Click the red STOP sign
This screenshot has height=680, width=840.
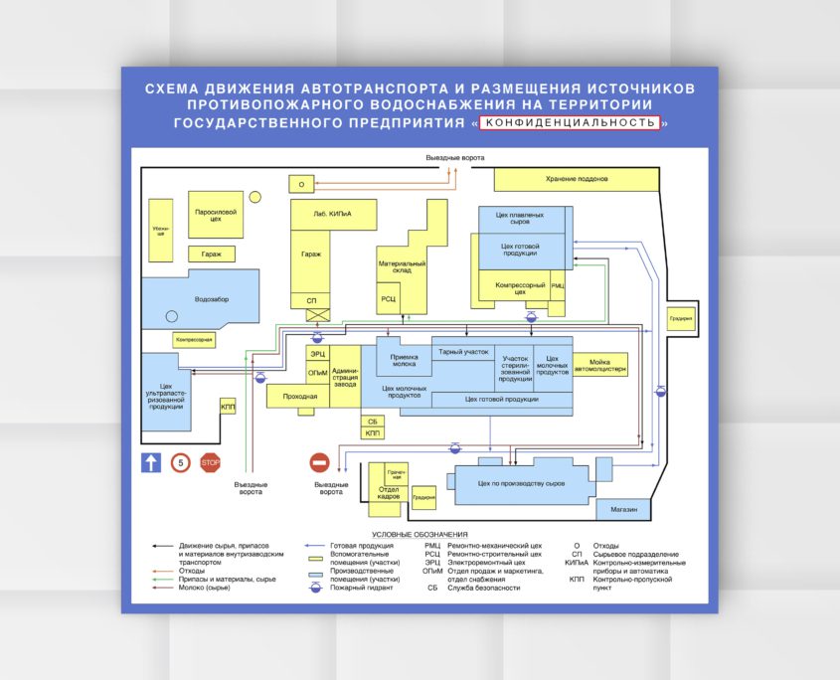210,462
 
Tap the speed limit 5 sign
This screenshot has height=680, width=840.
180,462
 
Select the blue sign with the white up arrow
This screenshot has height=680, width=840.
150,462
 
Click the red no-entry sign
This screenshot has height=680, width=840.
319,462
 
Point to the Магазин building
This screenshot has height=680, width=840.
623,509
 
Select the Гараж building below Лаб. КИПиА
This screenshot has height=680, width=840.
311,255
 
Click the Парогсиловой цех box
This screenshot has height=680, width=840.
215,215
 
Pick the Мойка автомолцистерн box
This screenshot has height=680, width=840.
607,365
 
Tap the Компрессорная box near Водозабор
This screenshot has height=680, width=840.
194,340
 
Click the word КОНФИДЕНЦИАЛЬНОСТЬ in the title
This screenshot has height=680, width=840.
570,123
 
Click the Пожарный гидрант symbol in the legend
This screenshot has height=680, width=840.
315,588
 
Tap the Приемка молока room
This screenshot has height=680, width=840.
405,361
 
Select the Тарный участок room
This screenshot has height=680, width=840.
463,351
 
